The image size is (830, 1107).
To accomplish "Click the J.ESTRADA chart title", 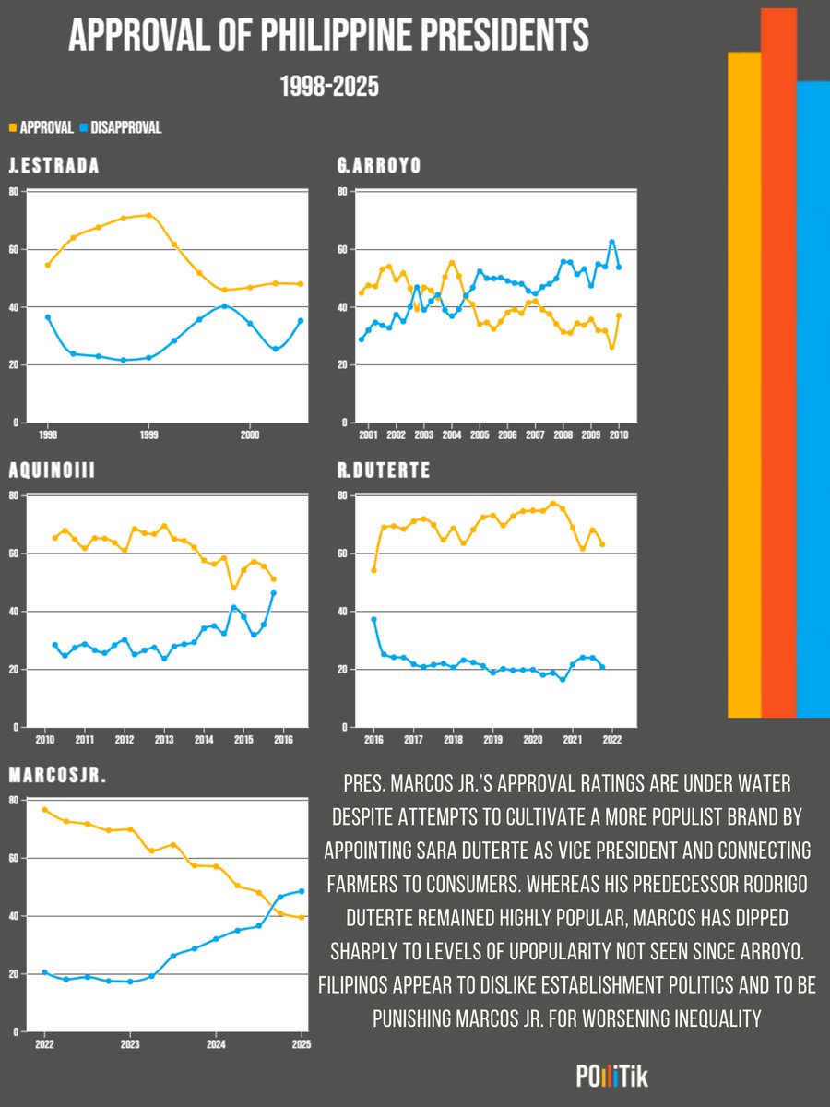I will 53,167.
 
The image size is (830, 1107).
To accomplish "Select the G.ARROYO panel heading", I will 379,167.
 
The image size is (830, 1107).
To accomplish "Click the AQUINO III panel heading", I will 54,471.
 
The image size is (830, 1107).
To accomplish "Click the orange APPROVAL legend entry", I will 41,128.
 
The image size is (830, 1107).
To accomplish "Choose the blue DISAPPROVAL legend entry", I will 120,128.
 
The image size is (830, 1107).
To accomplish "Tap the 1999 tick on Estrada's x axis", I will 148,434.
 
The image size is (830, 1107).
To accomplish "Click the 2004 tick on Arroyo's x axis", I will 452,434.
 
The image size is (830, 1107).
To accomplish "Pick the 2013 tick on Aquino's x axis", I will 163,738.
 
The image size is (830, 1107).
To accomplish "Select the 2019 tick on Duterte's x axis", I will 492,738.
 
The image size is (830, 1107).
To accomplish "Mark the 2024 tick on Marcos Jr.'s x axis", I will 215,1042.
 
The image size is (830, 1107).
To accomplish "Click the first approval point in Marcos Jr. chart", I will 44,810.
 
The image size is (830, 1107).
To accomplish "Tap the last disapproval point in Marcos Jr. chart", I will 302,891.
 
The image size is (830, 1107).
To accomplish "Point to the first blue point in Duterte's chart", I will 373,619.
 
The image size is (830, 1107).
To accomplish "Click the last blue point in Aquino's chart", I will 274,593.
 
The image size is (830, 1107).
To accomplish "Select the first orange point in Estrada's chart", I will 48,265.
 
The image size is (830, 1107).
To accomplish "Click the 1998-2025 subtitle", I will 329,87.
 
